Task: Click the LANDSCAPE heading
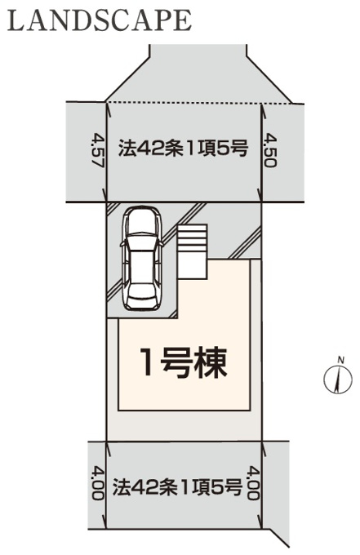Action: (x=100, y=20)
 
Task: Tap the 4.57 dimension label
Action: (x=98, y=150)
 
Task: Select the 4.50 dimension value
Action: (x=270, y=150)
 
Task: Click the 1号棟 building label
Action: (x=184, y=362)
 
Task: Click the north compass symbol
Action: (x=338, y=379)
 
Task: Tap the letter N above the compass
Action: (x=341, y=360)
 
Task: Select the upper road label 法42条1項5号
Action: (x=183, y=149)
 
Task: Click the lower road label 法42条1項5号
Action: (x=177, y=486)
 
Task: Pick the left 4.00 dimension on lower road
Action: (x=98, y=483)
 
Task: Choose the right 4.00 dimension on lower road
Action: (x=253, y=483)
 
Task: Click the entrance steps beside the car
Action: (x=192, y=251)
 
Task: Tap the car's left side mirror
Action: (x=122, y=244)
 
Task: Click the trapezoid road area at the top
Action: (x=198, y=74)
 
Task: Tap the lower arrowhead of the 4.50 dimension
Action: (x=261, y=198)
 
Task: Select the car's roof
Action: (x=141, y=262)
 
